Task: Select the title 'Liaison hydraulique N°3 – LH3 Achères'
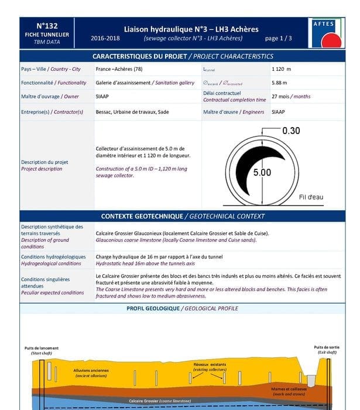coord(191,29)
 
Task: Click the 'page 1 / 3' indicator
coord(278,39)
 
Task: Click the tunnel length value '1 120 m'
coord(281,69)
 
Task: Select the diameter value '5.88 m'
coord(279,83)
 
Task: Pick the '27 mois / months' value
coord(291,97)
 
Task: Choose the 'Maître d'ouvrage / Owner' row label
coord(50,97)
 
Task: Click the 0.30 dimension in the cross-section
coord(291,131)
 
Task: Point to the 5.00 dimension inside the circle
coord(262,173)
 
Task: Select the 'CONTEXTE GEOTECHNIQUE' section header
coord(183,216)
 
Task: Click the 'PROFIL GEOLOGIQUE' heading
coord(183,309)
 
